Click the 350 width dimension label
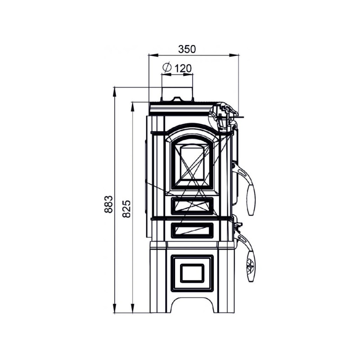pyautogui.click(x=187, y=49)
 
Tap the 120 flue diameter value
pyautogui.click(x=183, y=68)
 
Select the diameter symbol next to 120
pyautogui.click(x=167, y=67)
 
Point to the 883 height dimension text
pyautogui.click(x=108, y=204)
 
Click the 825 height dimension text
pyautogui.click(x=126, y=209)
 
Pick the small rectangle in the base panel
pyautogui.click(x=192, y=273)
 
